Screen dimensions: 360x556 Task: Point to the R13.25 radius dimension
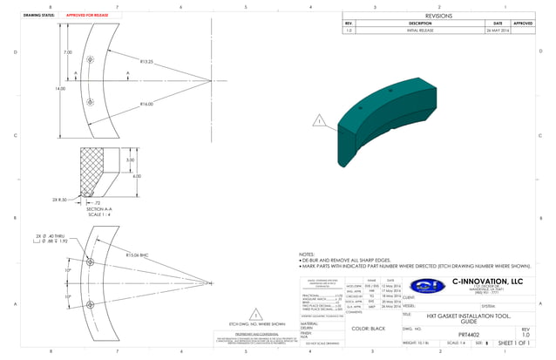point(146,62)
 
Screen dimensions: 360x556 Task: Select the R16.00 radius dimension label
point(146,104)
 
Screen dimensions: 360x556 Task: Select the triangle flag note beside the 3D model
point(319,121)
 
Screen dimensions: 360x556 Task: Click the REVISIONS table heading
point(438,15)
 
